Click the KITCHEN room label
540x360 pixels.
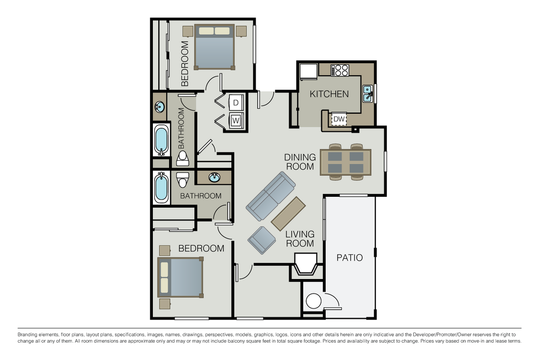329,94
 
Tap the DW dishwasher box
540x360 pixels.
339,119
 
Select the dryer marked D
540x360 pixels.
236,103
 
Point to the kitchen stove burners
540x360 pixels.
340,70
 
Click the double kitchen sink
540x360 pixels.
368,94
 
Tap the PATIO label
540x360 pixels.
349,258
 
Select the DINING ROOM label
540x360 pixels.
300,161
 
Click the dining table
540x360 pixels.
345,162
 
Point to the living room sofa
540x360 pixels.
270,195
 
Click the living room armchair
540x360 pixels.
261,240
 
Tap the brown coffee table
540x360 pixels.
288,213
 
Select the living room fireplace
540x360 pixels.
306,265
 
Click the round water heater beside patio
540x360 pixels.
313,301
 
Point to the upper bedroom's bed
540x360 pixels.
215,47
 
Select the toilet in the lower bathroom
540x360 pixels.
182,179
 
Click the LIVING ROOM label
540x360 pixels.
300,239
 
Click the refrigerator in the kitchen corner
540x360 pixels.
309,71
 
